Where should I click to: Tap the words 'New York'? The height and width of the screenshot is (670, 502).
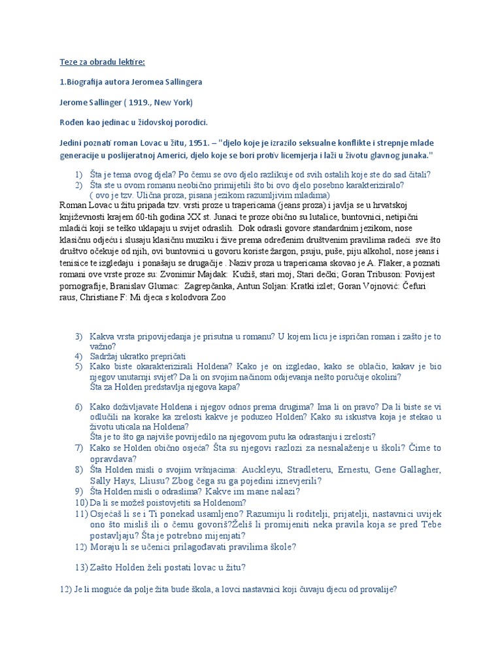pos(173,102)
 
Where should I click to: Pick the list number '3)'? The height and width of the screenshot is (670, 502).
pos(78,336)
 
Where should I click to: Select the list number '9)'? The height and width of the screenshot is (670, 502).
pos(78,491)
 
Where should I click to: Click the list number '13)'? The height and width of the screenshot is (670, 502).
pos(81,567)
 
